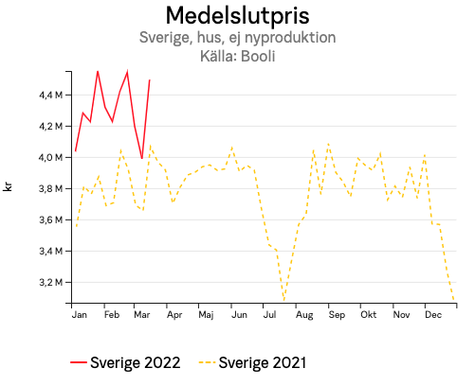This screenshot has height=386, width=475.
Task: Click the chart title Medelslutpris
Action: (237, 16)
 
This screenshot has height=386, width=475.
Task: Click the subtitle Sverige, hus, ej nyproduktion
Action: (237, 39)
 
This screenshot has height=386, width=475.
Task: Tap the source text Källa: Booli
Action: (237, 57)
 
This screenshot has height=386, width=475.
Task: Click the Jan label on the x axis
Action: (80, 314)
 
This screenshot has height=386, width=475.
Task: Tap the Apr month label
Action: (174, 314)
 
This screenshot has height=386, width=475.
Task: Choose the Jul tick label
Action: (270, 314)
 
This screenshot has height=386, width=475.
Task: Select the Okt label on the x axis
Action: (369, 314)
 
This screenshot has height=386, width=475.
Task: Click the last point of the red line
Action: (150, 80)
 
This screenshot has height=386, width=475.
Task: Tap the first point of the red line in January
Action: (76, 151)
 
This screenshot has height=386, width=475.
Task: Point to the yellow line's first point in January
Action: (76, 227)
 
